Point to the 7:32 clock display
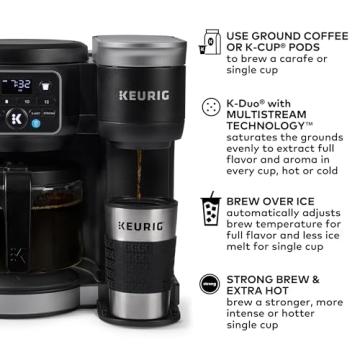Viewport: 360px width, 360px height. [x=19, y=86]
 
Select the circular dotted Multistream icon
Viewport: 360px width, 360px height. [x=211, y=105]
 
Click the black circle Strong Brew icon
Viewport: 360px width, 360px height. [x=211, y=285]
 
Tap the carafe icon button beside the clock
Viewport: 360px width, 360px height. [x=46, y=86]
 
